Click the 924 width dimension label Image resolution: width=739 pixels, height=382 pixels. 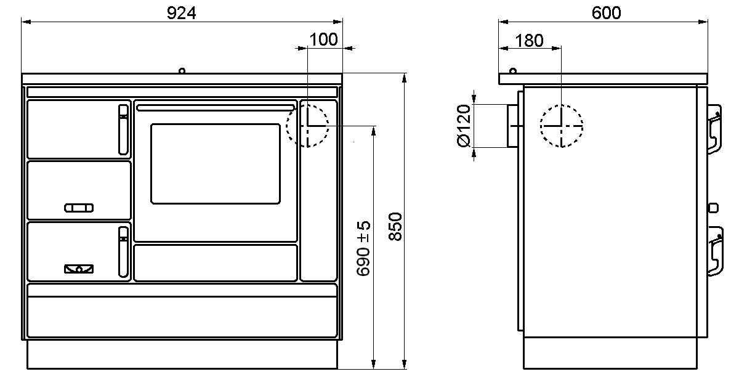coord(181,13)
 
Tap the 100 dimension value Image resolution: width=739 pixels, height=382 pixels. coord(323,39)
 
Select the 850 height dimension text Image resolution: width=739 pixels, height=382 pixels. coord(395,227)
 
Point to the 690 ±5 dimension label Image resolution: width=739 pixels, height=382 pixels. coord(363,248)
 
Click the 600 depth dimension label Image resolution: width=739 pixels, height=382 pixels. coord(606,13)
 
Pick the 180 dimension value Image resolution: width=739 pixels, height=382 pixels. coord(529,41)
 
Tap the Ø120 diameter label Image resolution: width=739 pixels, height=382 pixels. coord(464,126)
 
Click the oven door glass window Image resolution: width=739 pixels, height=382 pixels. coord(216,164)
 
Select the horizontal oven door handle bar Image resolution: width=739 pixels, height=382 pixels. coord(216,108)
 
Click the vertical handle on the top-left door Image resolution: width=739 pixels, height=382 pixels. coord(123,129)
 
